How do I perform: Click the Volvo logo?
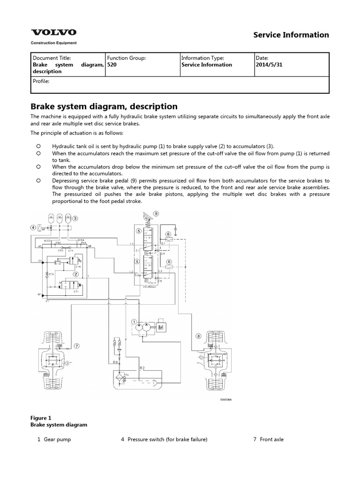(53, 33)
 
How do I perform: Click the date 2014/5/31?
(269, 65)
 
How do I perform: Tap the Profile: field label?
(41, 81)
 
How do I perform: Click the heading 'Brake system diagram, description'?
(104, 106)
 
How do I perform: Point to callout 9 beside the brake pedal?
(156, 213)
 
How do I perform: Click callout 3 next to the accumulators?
(75, 218)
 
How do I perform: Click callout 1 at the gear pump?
(134, 322)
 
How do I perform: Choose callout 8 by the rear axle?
(198, 336)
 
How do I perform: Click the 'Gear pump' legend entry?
(57, 439)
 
